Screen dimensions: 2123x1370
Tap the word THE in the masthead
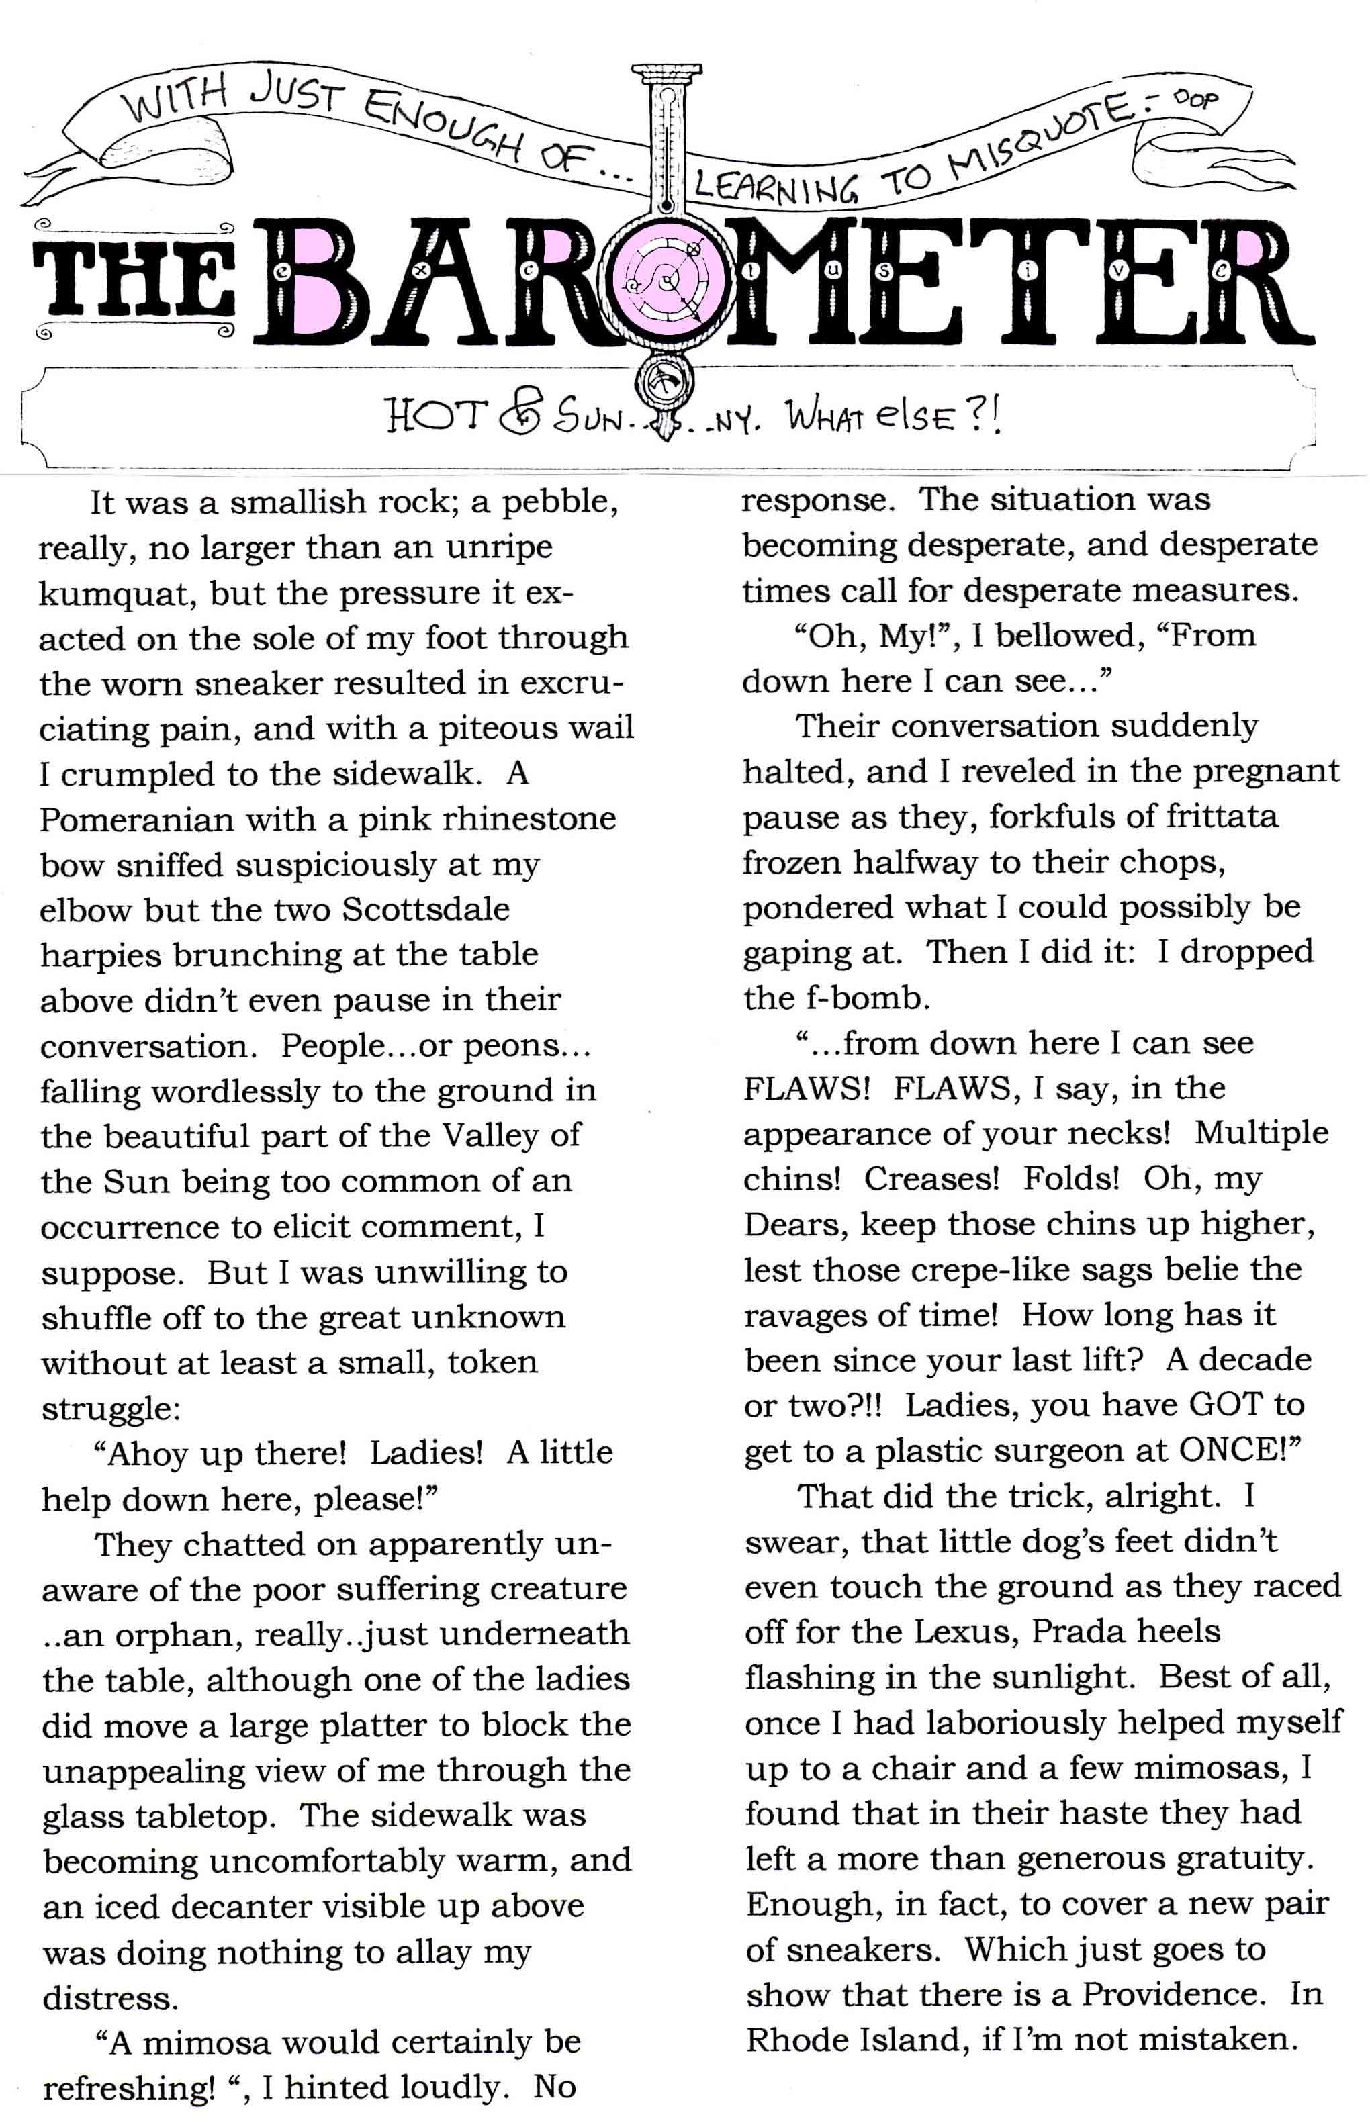click(x=132, y=283)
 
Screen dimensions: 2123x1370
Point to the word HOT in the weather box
click(x=437, y=414)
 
